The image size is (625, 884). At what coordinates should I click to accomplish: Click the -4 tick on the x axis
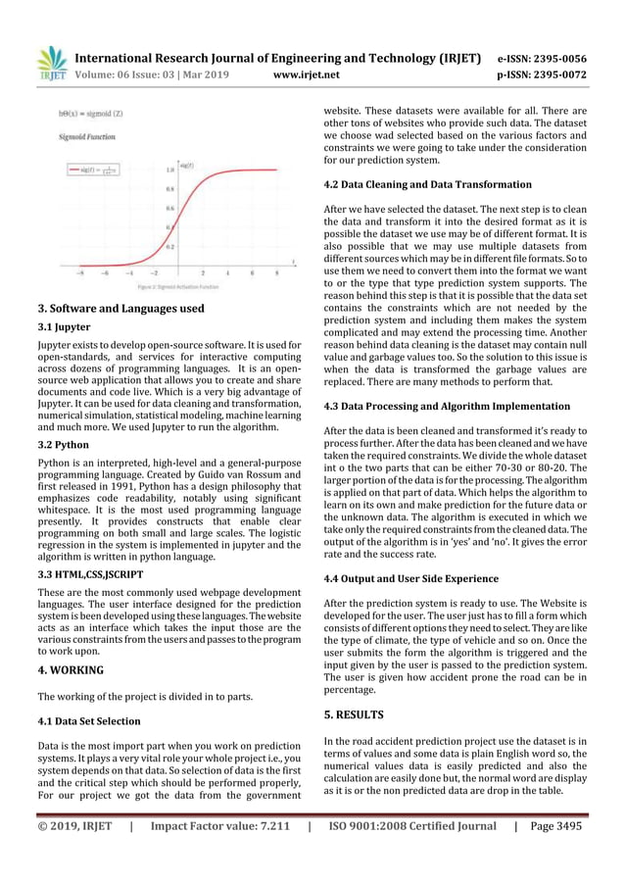(x=128, y=274)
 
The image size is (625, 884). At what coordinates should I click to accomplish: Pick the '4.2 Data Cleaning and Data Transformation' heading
(x=427, y=184)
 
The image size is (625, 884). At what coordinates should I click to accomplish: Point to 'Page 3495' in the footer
(x=554, y=825)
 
